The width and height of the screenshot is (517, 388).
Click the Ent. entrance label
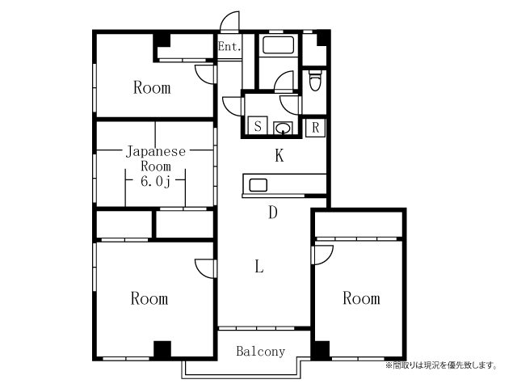pyautogui.click(x=229, y=46)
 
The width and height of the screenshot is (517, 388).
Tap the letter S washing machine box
pyautogui.click(x=258, y=126)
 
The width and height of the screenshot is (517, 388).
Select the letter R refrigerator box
pyautogui.click(x=316, y=128)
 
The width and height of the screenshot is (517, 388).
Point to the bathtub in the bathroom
pyautogui.click(x=278, y=45)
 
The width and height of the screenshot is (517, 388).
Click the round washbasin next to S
pyautogui.click(x=283, y=128)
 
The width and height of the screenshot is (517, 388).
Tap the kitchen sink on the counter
pyautogui.click(x=258, y=185)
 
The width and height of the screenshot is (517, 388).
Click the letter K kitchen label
pyautogui.click(x=280, y=155)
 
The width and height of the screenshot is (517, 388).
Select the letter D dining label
pyautogui.click(x=273, y=212)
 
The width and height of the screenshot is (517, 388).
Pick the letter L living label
pyautogui.click(x=259, y=266)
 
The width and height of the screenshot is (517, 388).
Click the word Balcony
pyautogui.click(x=260, y=352)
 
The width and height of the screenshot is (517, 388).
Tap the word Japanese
pyautogui.click(x=156, y=152)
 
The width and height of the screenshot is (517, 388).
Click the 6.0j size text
pyautogui.click(x=155, y=181)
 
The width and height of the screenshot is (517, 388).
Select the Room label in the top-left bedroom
pyautogui.click(x=152, y=88)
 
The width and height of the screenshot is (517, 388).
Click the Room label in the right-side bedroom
pyautogui.click(x=361, y=298)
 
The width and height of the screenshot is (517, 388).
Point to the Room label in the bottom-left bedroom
pyautogui.click(x=149, y=298)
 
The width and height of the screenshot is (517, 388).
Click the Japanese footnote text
pyautogui.click(x=441, y=365)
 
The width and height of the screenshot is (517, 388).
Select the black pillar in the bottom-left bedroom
pyautogui.click(x=162, y=349)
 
